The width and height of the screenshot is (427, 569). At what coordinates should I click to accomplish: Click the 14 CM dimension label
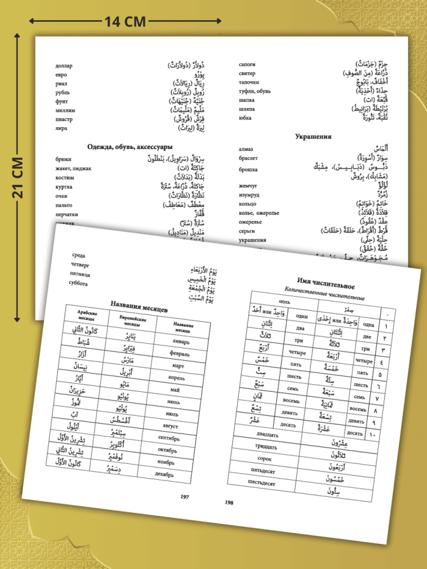click(125, 22)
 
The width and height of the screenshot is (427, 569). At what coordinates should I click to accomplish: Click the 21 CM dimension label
click(18, 178)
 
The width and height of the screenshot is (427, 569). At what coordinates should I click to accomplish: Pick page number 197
click(185, 497)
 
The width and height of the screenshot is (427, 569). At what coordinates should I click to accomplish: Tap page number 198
click(229, 503)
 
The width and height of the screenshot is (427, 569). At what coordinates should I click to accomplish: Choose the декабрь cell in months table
click(164, 473)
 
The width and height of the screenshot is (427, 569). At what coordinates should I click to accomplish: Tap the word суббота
click(78, 284)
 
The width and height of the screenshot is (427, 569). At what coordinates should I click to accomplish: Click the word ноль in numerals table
click(284, 301)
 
